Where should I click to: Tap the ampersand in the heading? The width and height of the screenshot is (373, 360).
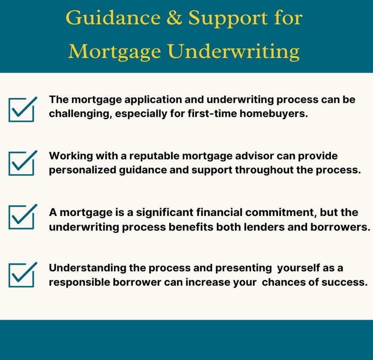174,17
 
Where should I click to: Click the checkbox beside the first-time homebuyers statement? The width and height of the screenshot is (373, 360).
22,110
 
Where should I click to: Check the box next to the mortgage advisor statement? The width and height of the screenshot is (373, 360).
22,163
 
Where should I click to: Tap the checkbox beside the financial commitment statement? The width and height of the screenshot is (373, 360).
22,217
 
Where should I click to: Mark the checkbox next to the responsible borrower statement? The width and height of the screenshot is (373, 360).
22,275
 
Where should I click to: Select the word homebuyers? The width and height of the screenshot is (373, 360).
274,114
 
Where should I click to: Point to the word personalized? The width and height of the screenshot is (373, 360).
83,170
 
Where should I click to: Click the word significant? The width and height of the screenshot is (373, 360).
164,213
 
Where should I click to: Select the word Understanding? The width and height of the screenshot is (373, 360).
87,268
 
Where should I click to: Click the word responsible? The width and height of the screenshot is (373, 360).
79,283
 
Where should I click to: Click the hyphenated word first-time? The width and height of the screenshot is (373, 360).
212,114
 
